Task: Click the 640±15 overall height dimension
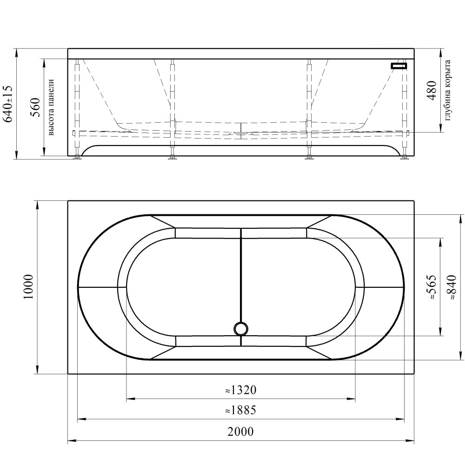click(x=8, y=104)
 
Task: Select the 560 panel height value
click(x=35, y=107)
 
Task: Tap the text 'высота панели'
click(x=51, y=107)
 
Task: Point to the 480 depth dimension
click(x=432, y=91)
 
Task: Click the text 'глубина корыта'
click(x=448, y=90)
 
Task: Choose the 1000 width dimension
click(x=29, y=287)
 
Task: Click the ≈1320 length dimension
click(x=240, y=390)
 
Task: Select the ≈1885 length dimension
click(x=240, y=410)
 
